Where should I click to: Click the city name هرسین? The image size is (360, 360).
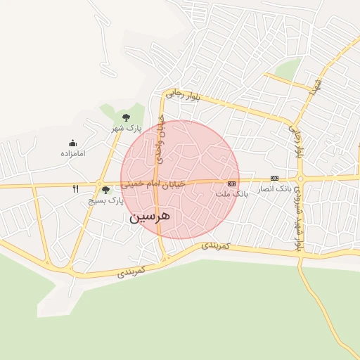(150, 217)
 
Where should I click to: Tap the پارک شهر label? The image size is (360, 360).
(129, 129)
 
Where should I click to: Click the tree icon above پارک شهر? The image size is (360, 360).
(126, 117)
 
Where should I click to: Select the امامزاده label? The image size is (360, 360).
(72, 153)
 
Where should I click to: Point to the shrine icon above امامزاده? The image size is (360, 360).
(72, 143)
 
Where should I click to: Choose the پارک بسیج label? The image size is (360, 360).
(106, 200)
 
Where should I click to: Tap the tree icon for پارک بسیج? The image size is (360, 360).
(106, 190)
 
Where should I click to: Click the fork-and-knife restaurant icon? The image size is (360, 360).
(76, 189)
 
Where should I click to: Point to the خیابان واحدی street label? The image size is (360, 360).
(160, 140)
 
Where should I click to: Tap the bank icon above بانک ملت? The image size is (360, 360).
(231, 184)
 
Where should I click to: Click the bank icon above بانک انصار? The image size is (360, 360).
(274, 179)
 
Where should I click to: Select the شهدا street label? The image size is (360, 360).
(318, 86)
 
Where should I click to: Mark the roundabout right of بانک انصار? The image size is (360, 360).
(300, 179)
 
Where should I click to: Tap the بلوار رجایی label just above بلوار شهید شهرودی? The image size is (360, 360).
(297, 141)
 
